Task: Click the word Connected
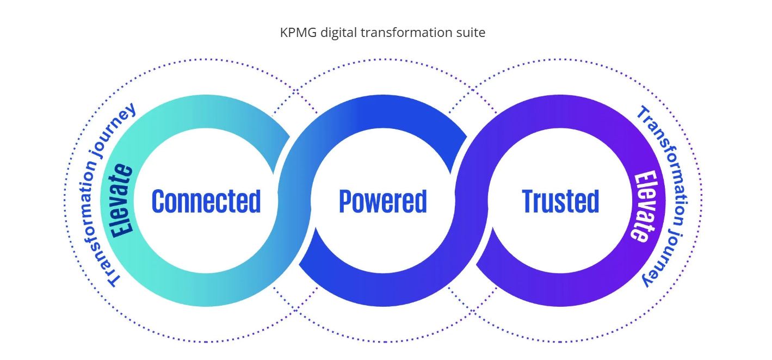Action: pos(206,201)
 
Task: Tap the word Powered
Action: pos(382,201)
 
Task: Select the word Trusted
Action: pos(560,201)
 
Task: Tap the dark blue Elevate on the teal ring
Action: pos(121,200)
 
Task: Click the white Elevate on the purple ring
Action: pos(642,206)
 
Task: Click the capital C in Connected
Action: pos(158,201)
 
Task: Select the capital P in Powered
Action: pos(345,201)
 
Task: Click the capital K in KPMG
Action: pos(284,33)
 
